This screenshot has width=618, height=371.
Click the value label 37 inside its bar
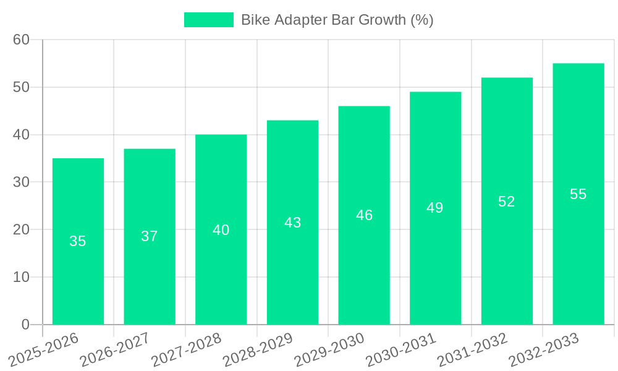pyautogui.click(x=150, y=236)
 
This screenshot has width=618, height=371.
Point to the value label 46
pyautogui.click(x=364, y=215)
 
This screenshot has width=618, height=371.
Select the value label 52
pyautogui.click(x=507, y=202)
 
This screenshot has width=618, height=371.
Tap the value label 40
pyautogui.click(x=221, y=230)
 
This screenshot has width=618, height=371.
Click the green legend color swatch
pyautogui.click(x=209, y=20)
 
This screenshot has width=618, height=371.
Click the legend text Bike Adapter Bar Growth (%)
pyautogui.click(x=337, y=20)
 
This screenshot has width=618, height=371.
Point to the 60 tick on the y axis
pyautogui.click(x=21, y=40)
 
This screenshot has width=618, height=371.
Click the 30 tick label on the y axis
pyautogui.click(x=21, y=182)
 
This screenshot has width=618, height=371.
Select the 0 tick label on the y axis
pyautogui.click(x=25, y=325)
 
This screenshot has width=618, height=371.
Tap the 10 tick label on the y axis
pyautogui.click(x=21, y=277)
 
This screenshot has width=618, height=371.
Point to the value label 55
pyautogui.click(x=578, y=194)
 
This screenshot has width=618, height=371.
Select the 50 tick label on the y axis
pyautogui.click(x=21, y=87)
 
